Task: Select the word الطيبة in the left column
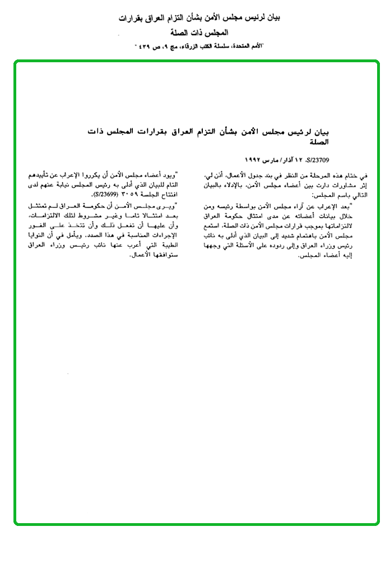pyautogui.click(x=164, y=245)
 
